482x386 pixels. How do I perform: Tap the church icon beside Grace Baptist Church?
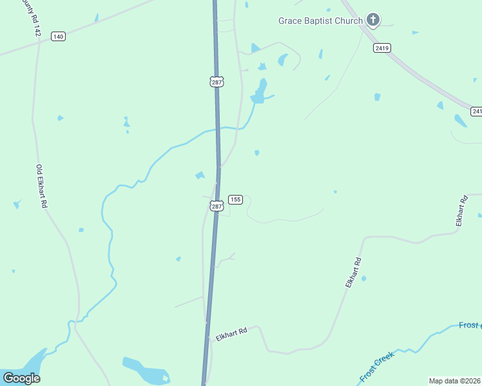[x=372, y=20]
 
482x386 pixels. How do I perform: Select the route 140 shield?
[x=59, y=37]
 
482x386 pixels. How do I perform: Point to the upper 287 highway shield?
[x=217, y=82]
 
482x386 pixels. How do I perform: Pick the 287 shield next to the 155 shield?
[x=217, y=206]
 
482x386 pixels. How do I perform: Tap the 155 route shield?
[x=235, y=199]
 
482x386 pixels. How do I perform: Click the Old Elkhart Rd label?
[x=43, y=187]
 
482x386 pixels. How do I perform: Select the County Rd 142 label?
[x=28, y=17]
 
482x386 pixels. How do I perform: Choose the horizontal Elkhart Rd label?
[x=232, y=335]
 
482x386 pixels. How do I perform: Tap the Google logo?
[x=21, y=378]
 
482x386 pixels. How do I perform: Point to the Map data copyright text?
[x=454, y=381]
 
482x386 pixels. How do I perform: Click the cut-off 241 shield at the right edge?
[x=476, y=111]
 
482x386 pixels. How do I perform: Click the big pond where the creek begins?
[x=260, y=93]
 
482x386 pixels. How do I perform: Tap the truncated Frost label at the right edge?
[x=470, y=326]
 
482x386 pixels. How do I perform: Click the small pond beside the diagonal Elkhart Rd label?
[x=363, y=279]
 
